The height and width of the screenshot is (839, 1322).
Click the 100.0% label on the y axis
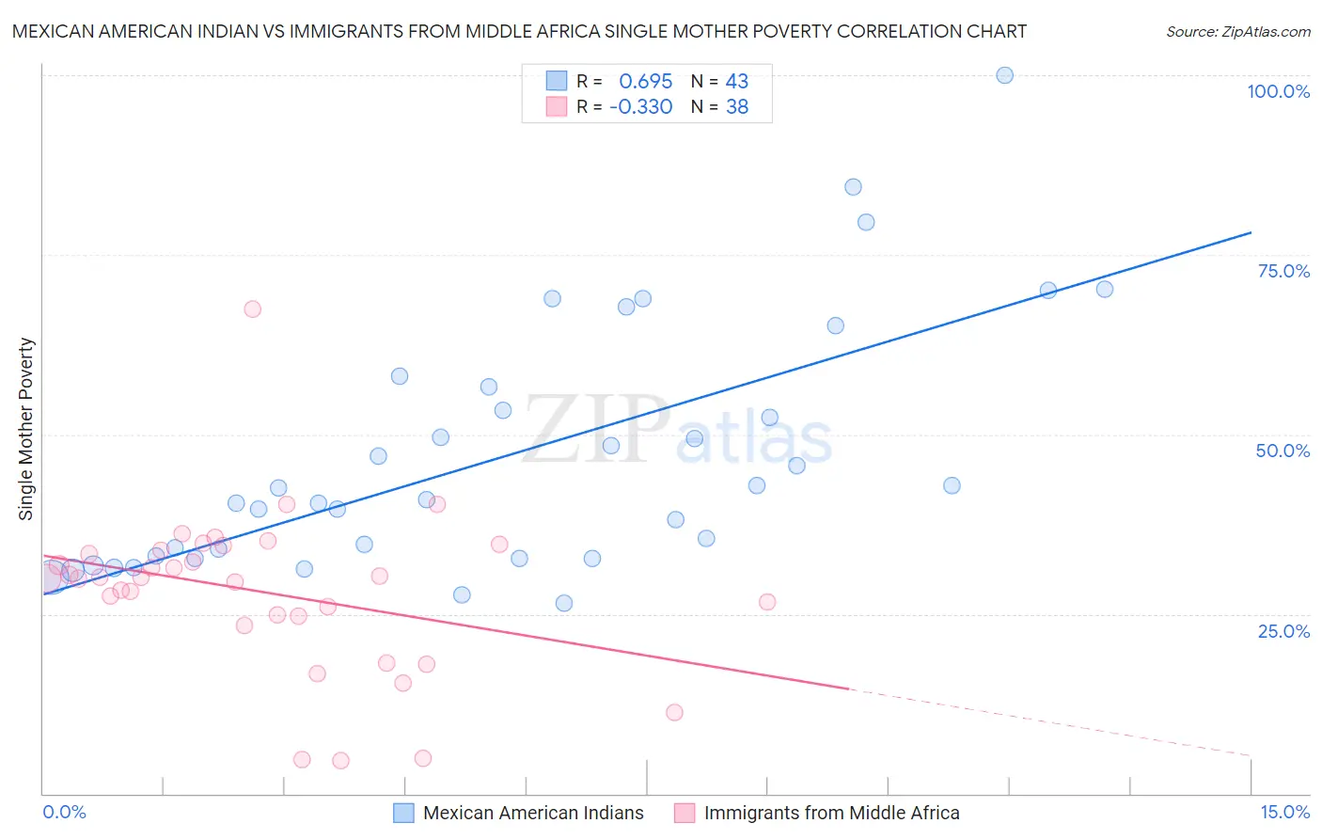1278,91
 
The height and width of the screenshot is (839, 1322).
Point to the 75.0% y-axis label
1283,271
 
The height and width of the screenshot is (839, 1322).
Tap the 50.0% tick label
1283,451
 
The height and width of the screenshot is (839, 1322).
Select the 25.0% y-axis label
1283,630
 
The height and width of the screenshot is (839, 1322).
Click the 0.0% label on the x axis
64,812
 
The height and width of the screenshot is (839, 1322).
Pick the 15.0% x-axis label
1284,812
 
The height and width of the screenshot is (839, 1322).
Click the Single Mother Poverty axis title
26,429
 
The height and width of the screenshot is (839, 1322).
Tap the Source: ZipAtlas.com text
1237,32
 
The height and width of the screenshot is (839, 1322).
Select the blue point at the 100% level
1004,75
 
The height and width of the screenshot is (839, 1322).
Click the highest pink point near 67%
252,309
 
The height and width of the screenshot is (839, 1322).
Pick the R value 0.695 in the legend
645,82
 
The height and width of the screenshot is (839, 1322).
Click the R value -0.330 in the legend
640,107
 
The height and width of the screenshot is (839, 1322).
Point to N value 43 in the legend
736,82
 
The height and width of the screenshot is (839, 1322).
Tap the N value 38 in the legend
736,107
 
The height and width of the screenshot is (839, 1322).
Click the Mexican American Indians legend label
533,813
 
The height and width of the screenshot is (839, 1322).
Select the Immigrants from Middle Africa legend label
831,813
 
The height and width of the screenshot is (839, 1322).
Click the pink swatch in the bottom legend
685,813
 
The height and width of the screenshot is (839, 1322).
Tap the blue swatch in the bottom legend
403,813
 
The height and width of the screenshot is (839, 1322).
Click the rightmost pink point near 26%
767,602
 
